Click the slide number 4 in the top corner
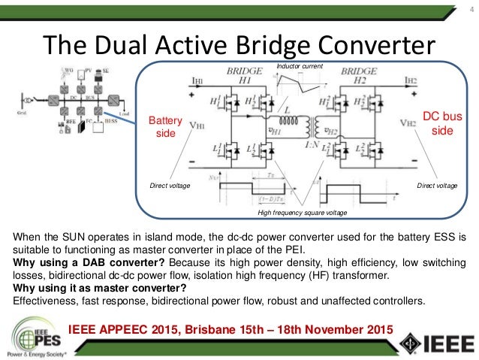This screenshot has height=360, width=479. tap(460, 10)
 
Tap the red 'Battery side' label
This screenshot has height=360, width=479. tap(161, 126)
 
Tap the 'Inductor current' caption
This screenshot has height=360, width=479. tap(299, 67)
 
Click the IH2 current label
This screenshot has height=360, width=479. tap(409, 80)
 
